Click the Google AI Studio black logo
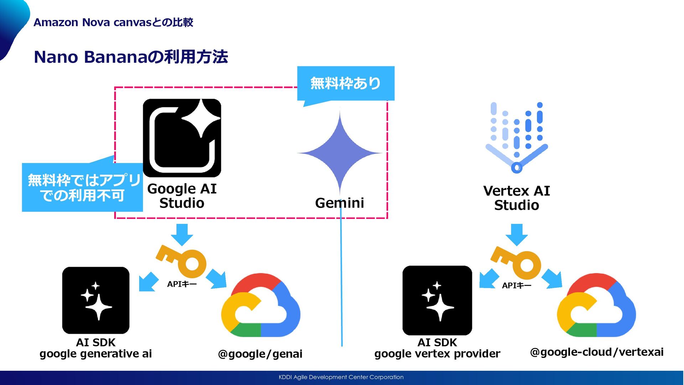point(182,138)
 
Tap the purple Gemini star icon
point(340,153)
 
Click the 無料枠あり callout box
point(346,83)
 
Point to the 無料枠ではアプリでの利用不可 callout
point(82,187)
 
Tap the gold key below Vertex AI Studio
point(517,263)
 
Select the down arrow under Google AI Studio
point(182,234)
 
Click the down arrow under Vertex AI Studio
point(517,234)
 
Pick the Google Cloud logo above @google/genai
point(260,306)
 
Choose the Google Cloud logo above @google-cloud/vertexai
point(596,306)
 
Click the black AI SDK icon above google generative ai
point(95,300)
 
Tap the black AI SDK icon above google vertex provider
point(437,300)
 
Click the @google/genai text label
point(260,354)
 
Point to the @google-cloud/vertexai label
point(597,352)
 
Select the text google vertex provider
point(437,354)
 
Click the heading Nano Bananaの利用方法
point(131,57)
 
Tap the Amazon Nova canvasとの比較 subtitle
point(113,22)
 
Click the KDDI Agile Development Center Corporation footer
point(341,377)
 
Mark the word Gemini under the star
point(340,203)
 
